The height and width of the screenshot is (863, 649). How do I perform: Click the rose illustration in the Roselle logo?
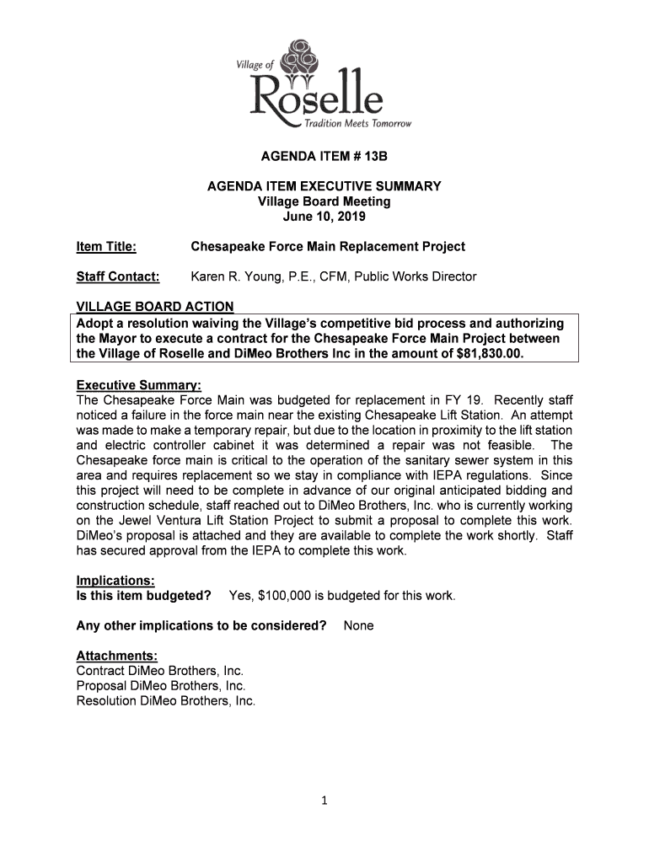[x=299, y=61]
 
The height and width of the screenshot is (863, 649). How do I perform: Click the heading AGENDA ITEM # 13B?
[x=324, y=158]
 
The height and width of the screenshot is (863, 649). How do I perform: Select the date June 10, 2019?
[x=324, y=217]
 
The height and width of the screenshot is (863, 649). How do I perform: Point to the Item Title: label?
[x=106, y=247]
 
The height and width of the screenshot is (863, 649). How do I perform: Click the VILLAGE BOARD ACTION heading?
[x=154, y=306]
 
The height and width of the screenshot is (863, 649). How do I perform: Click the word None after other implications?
[x=358, y=626]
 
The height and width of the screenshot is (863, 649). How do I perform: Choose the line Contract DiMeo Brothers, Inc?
[x=159, y=671]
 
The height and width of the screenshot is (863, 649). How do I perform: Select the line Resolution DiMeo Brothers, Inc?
[x=165, y=701]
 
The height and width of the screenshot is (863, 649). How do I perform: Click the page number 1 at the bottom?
[x=324, y=801]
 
